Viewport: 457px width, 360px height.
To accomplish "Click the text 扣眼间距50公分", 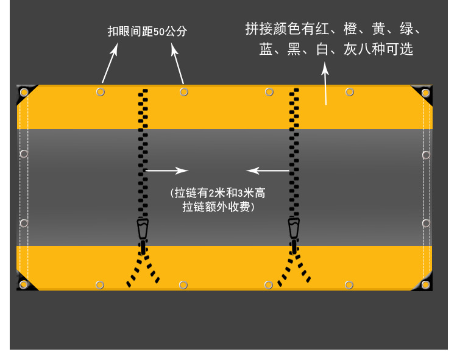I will pos(147,32).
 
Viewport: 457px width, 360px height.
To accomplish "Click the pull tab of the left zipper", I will pos(143,229).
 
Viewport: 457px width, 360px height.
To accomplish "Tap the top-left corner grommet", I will pos(24,93).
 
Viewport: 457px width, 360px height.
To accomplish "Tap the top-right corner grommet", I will pos(425,93).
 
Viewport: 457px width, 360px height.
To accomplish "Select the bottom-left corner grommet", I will pos(24,284).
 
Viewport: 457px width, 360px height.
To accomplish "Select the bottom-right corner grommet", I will pos(425,284).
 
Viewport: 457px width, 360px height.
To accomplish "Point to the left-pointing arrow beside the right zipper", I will pos(268,171).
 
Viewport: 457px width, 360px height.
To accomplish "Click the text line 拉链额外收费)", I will pos(218,207).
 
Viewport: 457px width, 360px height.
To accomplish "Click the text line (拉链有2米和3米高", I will pos(218,193).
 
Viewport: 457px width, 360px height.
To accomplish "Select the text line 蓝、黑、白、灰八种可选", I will pos(336,49).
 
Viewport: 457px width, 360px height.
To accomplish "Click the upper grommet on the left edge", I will pos(24,154).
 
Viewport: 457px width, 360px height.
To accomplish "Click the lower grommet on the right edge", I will pos(426,223).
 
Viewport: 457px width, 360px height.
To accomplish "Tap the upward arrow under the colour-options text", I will pos(325,85).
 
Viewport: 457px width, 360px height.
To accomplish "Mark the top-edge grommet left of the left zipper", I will pos(101,92).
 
